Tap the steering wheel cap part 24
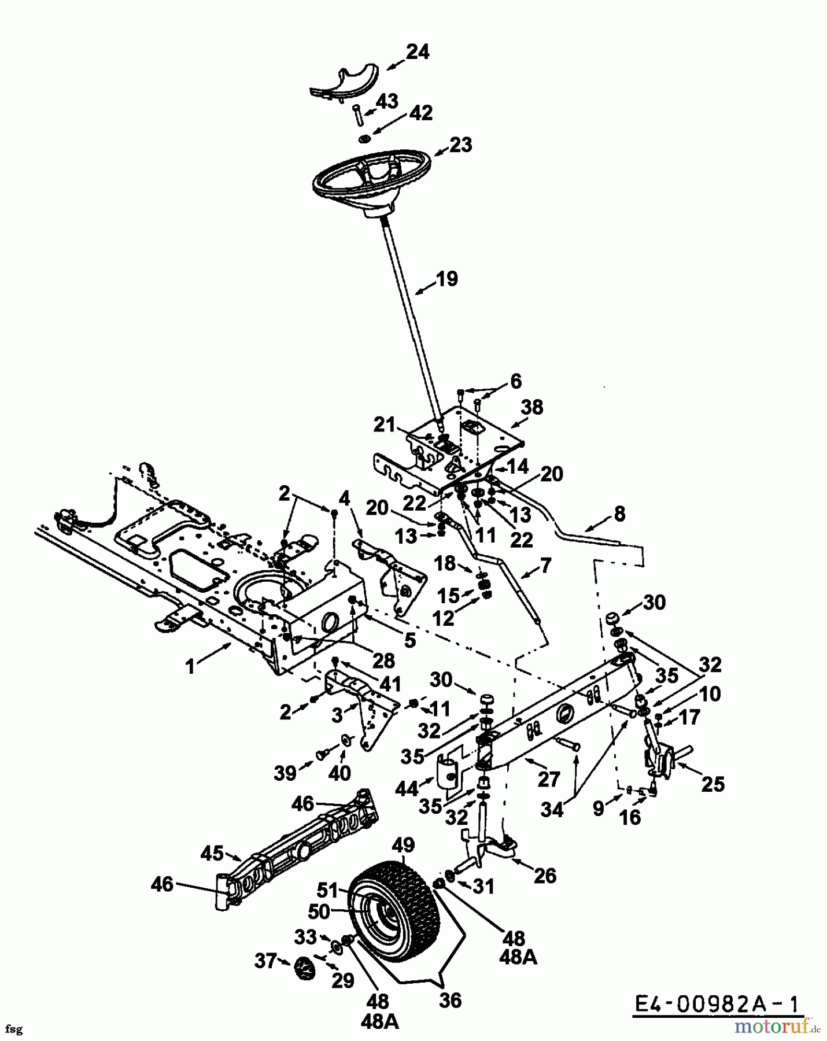point(344,83)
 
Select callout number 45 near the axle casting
point(213,852)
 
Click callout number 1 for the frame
point(190,666)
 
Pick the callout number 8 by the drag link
point(619,514)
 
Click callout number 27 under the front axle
point(548,779)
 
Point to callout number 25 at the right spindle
point(712,784)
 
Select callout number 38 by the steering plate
point(532,407)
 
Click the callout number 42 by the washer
point(420,113)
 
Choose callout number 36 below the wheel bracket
point(450,1000)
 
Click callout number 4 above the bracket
point(345,498)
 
